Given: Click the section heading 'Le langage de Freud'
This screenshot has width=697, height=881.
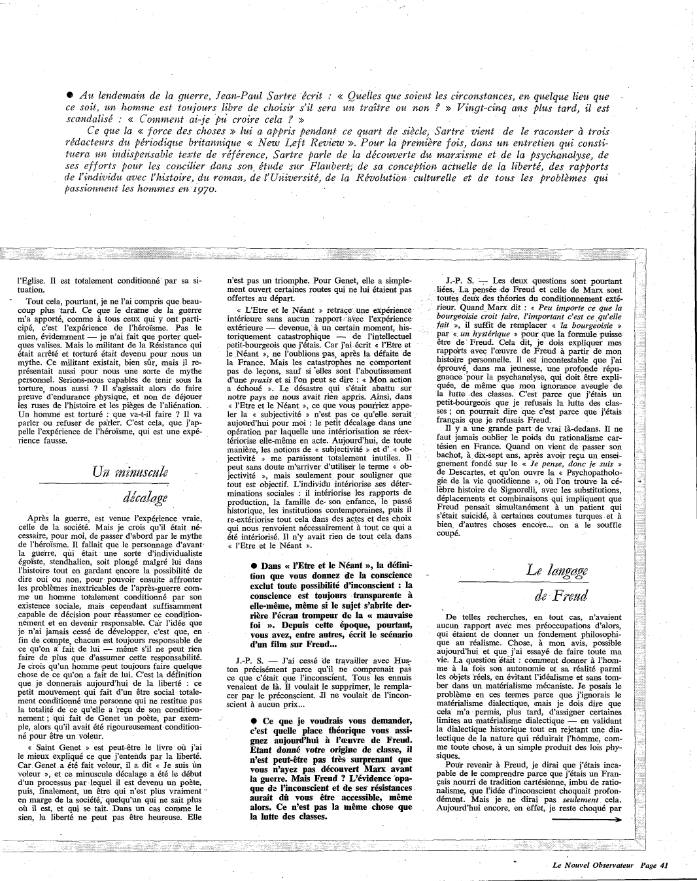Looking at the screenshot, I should click(x=560, y=582).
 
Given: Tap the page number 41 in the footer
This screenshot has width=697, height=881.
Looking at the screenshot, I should click(x=664, y=866).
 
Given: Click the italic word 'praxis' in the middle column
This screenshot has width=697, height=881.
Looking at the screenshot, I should click(x=248, y=379).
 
